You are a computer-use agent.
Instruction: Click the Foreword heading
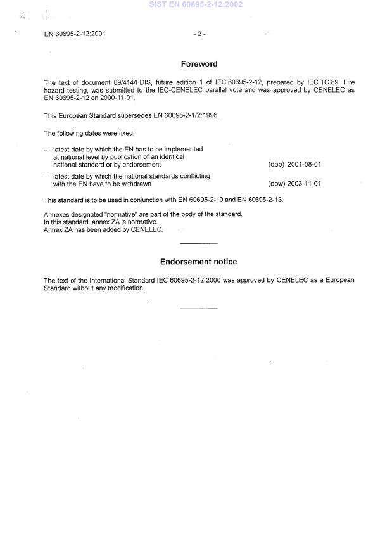coord(199,64)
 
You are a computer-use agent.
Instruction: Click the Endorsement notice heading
coord(198,262)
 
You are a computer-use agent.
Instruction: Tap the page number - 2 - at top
coord(199,34)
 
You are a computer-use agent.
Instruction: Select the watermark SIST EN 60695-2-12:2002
coord(196,4)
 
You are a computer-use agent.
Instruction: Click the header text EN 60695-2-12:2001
coord(74,34)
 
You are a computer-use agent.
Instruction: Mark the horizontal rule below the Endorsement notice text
coord(198,309)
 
